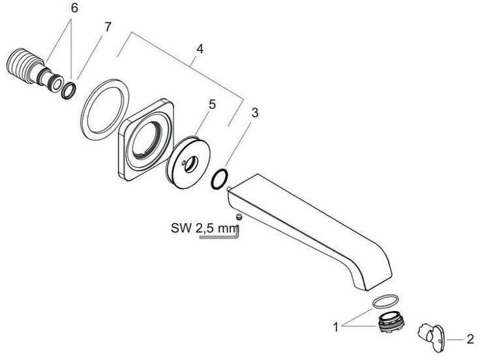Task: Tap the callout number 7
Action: tap(108, 27)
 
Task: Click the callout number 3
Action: tap(254, 113)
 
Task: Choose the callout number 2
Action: tap(469, 339)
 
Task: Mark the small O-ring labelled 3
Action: tap(221, 178)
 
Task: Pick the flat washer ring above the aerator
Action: tap(384, 301)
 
